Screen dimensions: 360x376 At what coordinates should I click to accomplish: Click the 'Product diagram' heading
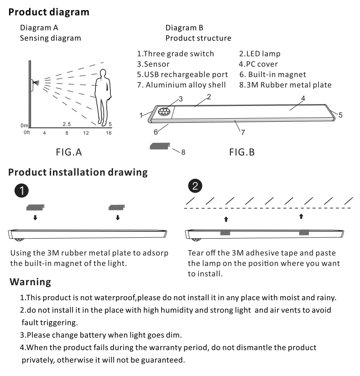49,12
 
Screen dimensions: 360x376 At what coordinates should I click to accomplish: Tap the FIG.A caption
69,152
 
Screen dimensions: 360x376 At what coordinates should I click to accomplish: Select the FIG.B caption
242,152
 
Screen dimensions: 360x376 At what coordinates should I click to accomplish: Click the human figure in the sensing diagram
103,97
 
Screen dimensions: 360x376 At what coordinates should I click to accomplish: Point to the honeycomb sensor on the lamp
164,111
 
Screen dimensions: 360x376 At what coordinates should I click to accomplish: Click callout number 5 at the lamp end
340,115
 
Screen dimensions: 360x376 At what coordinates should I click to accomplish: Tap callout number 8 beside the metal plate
183,152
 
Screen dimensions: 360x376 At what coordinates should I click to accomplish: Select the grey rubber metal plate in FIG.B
160,146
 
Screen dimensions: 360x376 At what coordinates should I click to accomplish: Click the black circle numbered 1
21,191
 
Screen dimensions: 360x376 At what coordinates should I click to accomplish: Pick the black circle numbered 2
195,186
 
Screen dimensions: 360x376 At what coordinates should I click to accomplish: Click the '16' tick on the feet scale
109,133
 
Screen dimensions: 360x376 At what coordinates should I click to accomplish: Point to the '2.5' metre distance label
67,124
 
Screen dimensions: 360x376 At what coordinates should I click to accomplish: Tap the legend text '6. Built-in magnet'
273,74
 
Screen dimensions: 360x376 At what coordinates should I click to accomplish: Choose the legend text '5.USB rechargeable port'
182,74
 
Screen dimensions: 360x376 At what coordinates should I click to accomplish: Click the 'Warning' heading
30,282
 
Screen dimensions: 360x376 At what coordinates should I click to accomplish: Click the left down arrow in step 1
35,218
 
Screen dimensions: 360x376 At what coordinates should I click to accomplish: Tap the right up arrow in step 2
301,216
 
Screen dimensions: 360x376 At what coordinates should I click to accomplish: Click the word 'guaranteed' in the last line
163,360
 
